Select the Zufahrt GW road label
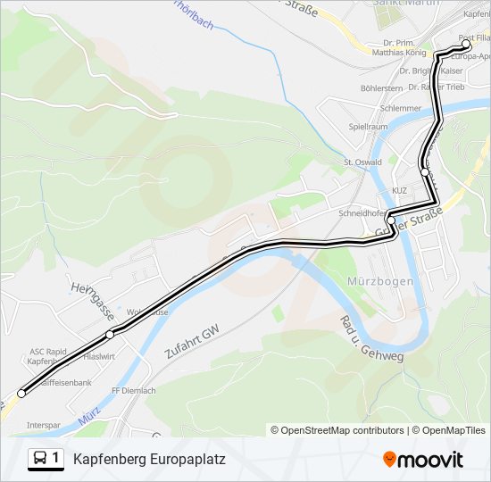[x=191, y=343]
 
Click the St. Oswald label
[x=362, y=162]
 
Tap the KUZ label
[x=399, y=191]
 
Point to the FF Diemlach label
[x=133, y=391]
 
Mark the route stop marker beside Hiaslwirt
[x=110, y=335]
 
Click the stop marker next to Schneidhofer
[x=391, y=220]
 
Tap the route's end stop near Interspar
[x=21, y=393]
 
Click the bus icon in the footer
[x=40, y=459]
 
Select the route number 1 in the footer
[x=56, y=459]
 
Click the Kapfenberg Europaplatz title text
[x=149, y=460]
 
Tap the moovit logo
[x=423, y=460]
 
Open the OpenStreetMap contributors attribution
[x=342, y=430]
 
